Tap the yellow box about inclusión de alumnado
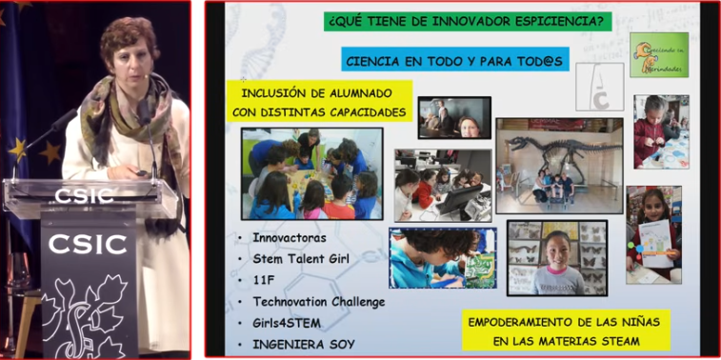coord(319,103)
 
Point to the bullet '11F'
coord(264,280)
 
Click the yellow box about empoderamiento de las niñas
coord(566,330)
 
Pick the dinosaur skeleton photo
coord(558,165)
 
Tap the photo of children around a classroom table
coord(311,174)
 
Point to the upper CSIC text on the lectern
coord(84,195)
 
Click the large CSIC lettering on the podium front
coord(90,244)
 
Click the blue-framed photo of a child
coord(443,258)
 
